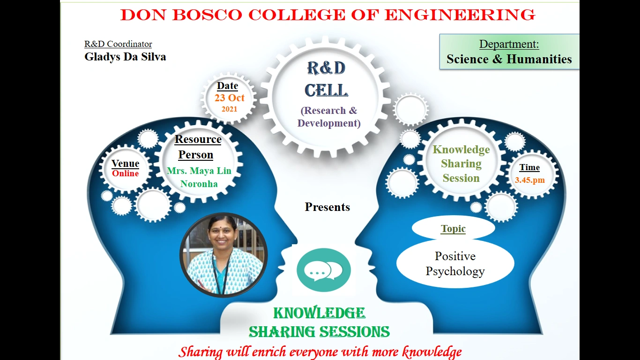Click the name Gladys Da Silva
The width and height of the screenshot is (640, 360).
point(125,57)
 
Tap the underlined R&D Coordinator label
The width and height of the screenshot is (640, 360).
point(118,44)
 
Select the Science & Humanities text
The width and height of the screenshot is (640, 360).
point(509,59)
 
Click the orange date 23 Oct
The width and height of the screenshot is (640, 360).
point(230,98)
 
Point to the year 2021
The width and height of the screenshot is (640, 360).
point(230,109)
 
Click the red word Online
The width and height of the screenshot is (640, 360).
point(125,173)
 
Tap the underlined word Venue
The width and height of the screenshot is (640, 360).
point(125,163)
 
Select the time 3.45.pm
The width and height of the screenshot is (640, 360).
point(530,180)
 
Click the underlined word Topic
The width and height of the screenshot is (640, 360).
point(453,229)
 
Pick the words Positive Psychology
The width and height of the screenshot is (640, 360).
point(455,263)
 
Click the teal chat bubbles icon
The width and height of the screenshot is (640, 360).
point(324,270)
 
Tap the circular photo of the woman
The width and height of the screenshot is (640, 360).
point(223,255)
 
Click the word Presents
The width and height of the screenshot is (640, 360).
point(327,207)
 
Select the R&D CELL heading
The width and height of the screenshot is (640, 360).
point(326,79)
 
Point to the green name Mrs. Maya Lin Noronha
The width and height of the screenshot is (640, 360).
point(199,177)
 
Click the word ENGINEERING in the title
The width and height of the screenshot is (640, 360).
point(460,15)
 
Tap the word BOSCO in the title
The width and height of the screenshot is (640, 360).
point(207,15)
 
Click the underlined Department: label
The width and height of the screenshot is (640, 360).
point(509,44)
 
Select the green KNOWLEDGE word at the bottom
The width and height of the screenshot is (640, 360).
point(319,313)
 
